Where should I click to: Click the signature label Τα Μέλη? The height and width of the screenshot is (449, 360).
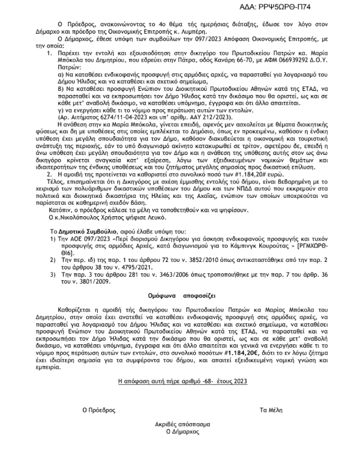click(x=270, y=410)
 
